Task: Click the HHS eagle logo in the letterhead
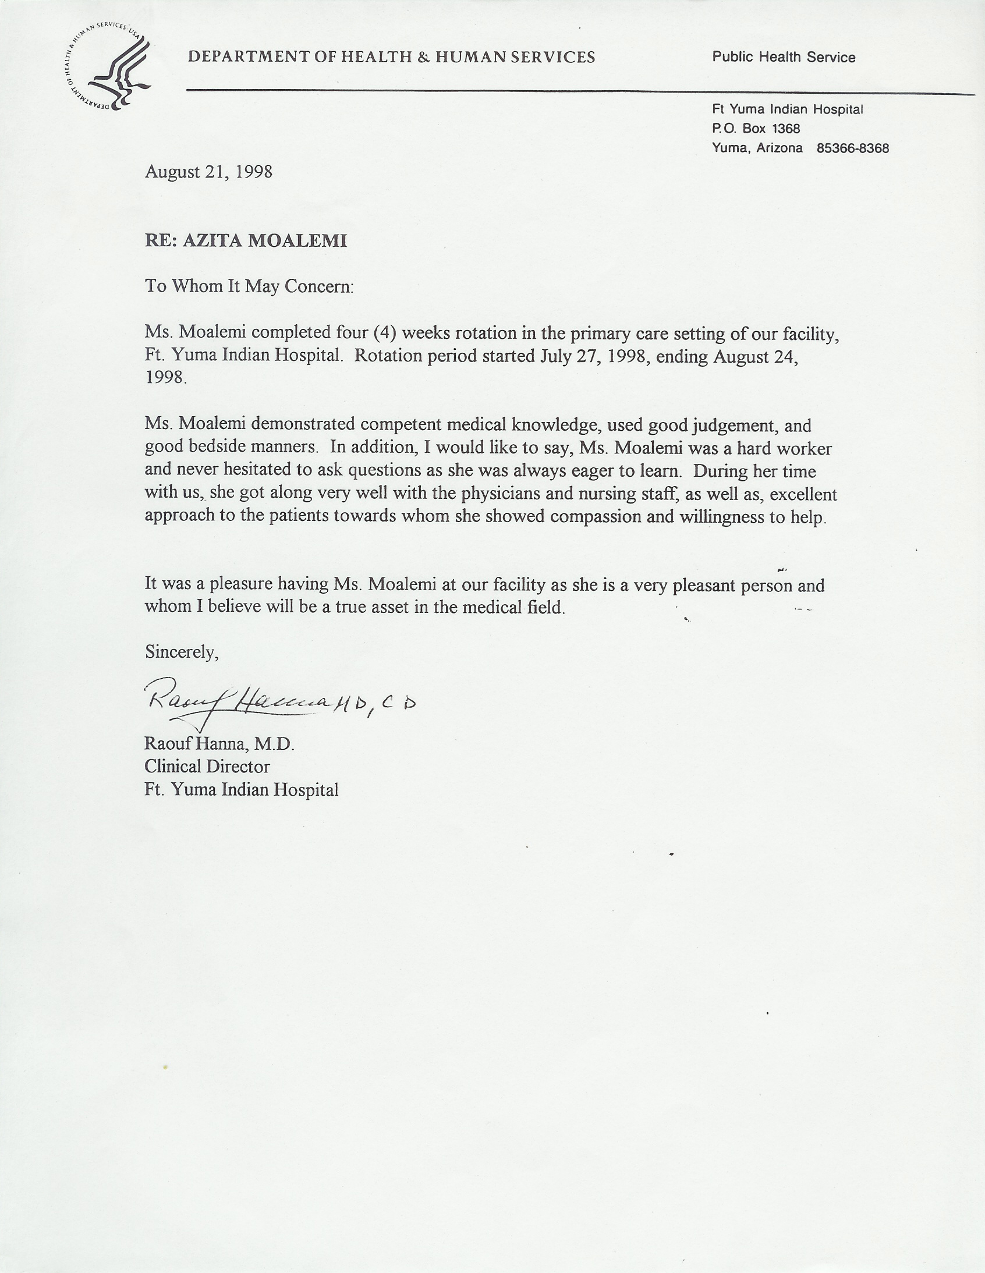pos(107,69)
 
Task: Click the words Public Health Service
pos(784,57)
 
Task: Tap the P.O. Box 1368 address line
pos(756,128)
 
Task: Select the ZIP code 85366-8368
pos(853,148)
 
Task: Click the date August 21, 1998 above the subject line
pos(208,172)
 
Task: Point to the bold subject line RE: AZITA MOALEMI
pos(246,240)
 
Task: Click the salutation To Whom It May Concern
pos(249,286)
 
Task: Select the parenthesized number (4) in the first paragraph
pos(385,332)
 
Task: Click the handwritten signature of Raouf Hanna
pos(239,700)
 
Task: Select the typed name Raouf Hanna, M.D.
pos(219,744)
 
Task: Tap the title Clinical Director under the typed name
pos(207,767)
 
